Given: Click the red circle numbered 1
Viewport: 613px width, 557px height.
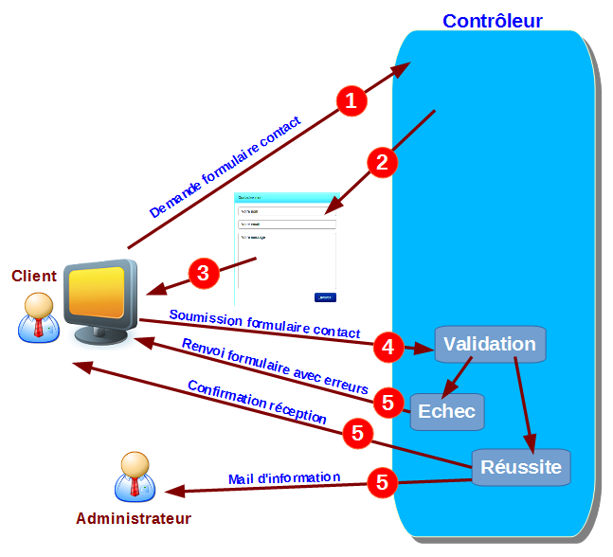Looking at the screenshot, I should click(x=352, y=100).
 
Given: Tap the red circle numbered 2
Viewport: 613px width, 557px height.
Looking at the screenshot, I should click(x=382, y=162).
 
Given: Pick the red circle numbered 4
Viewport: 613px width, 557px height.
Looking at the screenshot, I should click(x=387, y=347).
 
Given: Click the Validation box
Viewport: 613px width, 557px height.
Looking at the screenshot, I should click(x=490, y=344).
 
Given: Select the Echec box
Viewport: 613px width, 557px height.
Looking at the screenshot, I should click(x=447, y=412).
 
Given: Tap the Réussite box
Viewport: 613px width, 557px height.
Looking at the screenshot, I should click(x=521, y=467).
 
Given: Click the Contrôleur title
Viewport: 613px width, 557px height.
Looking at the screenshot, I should click(x=493, y=20).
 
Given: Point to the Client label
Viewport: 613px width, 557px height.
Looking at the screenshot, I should click(x=34, y=276).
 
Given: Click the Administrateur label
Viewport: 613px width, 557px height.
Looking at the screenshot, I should click(x=134, y=519).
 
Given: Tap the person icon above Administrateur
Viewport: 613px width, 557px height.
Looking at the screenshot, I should click(x=134, y=477).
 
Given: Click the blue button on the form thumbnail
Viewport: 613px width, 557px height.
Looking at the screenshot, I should click(x=325, y=297).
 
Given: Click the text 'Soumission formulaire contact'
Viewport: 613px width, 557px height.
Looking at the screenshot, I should click(x=264, y=324).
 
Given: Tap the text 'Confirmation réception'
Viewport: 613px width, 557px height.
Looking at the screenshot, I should click(x=257, y=403).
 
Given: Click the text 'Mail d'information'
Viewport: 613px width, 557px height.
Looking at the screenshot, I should click(x=283, y=477).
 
